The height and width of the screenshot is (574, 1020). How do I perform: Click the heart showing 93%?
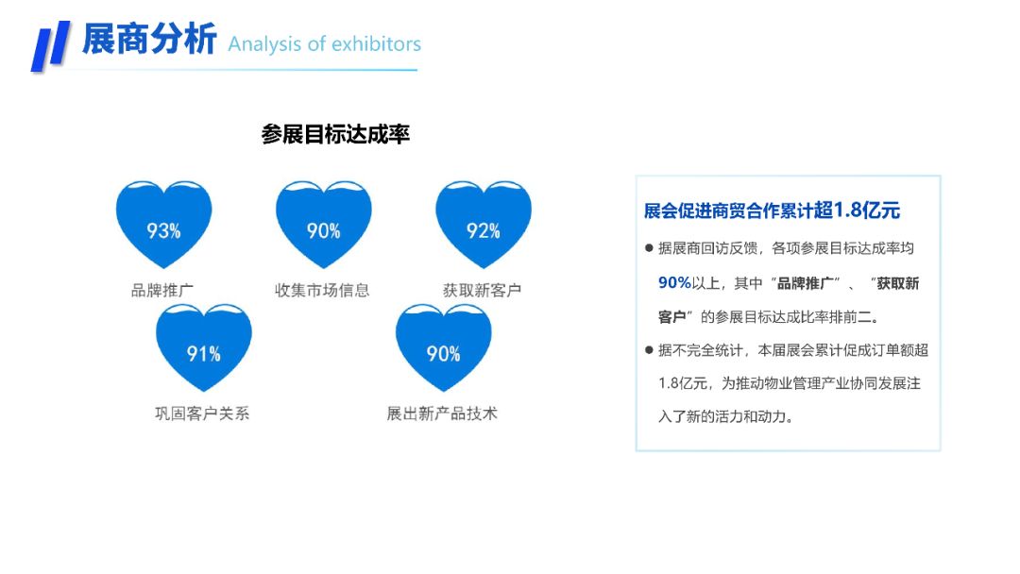click(164, 225)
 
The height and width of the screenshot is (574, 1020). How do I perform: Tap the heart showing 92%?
click(484, 225)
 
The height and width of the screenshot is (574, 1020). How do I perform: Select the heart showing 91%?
click(204, 347)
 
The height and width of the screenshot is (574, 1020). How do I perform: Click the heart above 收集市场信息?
click(323, 225)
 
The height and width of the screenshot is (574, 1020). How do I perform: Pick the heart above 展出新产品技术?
click(444, 347)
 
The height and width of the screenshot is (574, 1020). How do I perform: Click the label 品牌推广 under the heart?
click(162, 290)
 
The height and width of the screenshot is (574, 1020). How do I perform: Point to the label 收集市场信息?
click(322, 290)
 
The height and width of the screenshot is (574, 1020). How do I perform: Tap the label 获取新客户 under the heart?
click(482, 290)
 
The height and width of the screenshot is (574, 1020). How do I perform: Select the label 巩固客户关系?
click(202, 414)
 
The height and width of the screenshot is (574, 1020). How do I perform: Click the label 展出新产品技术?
click(442, 414)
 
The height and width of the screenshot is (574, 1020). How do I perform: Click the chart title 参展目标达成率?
click(335, 135)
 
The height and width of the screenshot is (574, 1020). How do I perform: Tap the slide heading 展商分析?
click(149, 39)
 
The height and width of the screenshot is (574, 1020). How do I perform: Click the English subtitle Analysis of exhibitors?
click(325, 44)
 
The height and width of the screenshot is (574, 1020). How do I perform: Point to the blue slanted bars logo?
click(51, 45)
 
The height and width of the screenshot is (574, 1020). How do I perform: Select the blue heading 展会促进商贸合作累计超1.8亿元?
click(773, 210)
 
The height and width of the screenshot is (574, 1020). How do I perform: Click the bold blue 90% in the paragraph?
click(674, 283)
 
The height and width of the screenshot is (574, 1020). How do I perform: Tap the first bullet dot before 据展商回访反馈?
click(649, 247)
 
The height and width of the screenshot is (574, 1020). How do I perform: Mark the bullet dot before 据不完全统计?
click(649, 349)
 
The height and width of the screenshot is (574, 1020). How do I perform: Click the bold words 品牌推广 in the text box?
click(805, 283)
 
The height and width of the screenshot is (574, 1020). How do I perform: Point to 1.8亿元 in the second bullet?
click(683, 383)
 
